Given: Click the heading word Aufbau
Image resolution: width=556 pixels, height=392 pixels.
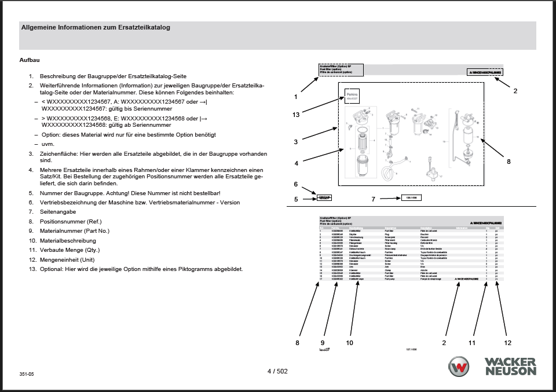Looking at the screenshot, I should tap(30, 60).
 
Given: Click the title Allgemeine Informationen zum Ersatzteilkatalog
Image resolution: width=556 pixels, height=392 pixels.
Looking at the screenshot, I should tap(96, 27).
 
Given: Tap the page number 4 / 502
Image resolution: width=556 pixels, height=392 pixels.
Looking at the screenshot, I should tap(277, 371).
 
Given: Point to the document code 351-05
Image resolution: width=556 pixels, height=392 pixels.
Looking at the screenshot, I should tap(27, 375).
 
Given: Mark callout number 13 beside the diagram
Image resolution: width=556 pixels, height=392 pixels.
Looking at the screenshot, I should tap(296, 115).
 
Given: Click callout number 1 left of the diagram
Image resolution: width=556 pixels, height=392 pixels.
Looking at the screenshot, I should tap(295, 97).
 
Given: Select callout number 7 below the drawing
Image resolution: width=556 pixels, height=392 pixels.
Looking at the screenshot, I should tap(374, 199).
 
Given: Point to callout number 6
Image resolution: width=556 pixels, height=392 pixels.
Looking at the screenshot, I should tap(295, 184).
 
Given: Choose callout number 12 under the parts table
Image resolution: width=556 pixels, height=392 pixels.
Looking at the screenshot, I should tap(508, 342).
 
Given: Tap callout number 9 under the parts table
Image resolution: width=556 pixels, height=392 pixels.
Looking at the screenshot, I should tap(323, 342).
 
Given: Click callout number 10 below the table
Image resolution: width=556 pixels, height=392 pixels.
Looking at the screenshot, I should tap(349, 342).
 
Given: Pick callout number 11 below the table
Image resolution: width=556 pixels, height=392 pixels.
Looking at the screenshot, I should tap(472, 342).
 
